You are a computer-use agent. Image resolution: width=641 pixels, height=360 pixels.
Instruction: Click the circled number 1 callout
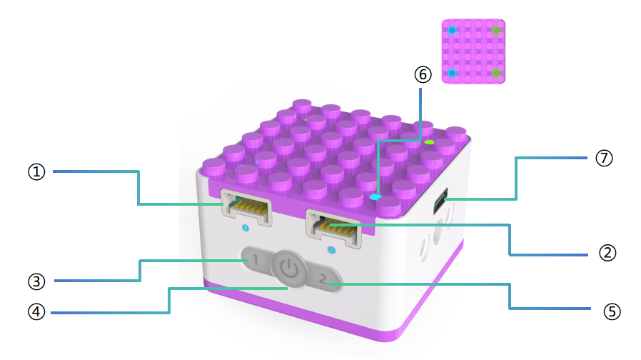pyautogui.click(x=36, y=172)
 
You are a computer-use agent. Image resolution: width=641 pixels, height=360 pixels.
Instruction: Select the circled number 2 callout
pyautogui.click(x=607, y=253)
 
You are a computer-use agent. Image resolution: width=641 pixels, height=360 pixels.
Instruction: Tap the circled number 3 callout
pyautogui.click(x=36, y=281)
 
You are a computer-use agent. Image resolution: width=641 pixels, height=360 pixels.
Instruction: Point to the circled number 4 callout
pyautogui.click(x=36, y=312)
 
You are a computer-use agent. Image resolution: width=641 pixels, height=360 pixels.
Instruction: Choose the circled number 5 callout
pyautogui.click(x=612, y=311)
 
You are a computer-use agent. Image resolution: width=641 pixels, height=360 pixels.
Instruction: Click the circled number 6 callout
pyautogui.click(x=423, y=74)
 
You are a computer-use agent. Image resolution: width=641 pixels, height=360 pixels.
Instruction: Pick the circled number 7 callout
pyautogui.click(x=604, y=159)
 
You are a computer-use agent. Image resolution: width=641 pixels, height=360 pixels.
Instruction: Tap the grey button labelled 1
pyautogui.click(x=254, y=260)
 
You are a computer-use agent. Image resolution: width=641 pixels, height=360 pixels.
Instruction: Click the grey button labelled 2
pyautogui.click(x=324, y=279)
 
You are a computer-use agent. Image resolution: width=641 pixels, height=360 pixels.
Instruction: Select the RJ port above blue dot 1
pyautogui.click(x=246, y=207)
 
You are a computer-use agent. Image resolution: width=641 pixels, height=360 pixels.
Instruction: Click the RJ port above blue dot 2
pyautogui.click(x=333, y=229)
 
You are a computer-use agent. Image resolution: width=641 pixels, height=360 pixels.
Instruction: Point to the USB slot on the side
pyautogui.click(x=440, y=201)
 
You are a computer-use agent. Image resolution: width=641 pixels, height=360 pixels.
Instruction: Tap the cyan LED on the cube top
pyautogui.click(x=375, y=197)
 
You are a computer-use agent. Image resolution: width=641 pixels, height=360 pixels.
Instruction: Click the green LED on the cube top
pyautogui.click(x=429, y=142)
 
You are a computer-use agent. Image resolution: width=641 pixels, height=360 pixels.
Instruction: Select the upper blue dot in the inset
pyautogui.click(x=452, y=30)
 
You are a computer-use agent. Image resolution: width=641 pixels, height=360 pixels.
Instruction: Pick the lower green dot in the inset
pyautogui.click(x=496, y=73)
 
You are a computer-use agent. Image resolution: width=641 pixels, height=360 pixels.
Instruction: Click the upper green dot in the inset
pyautogui.click(x=496, y=30)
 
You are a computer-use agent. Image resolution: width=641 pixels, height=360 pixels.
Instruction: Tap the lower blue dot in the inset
pyautogui.click(x=452, y=73)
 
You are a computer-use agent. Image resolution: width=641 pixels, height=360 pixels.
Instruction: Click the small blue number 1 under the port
pyautogui.click(x=246, y=228)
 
